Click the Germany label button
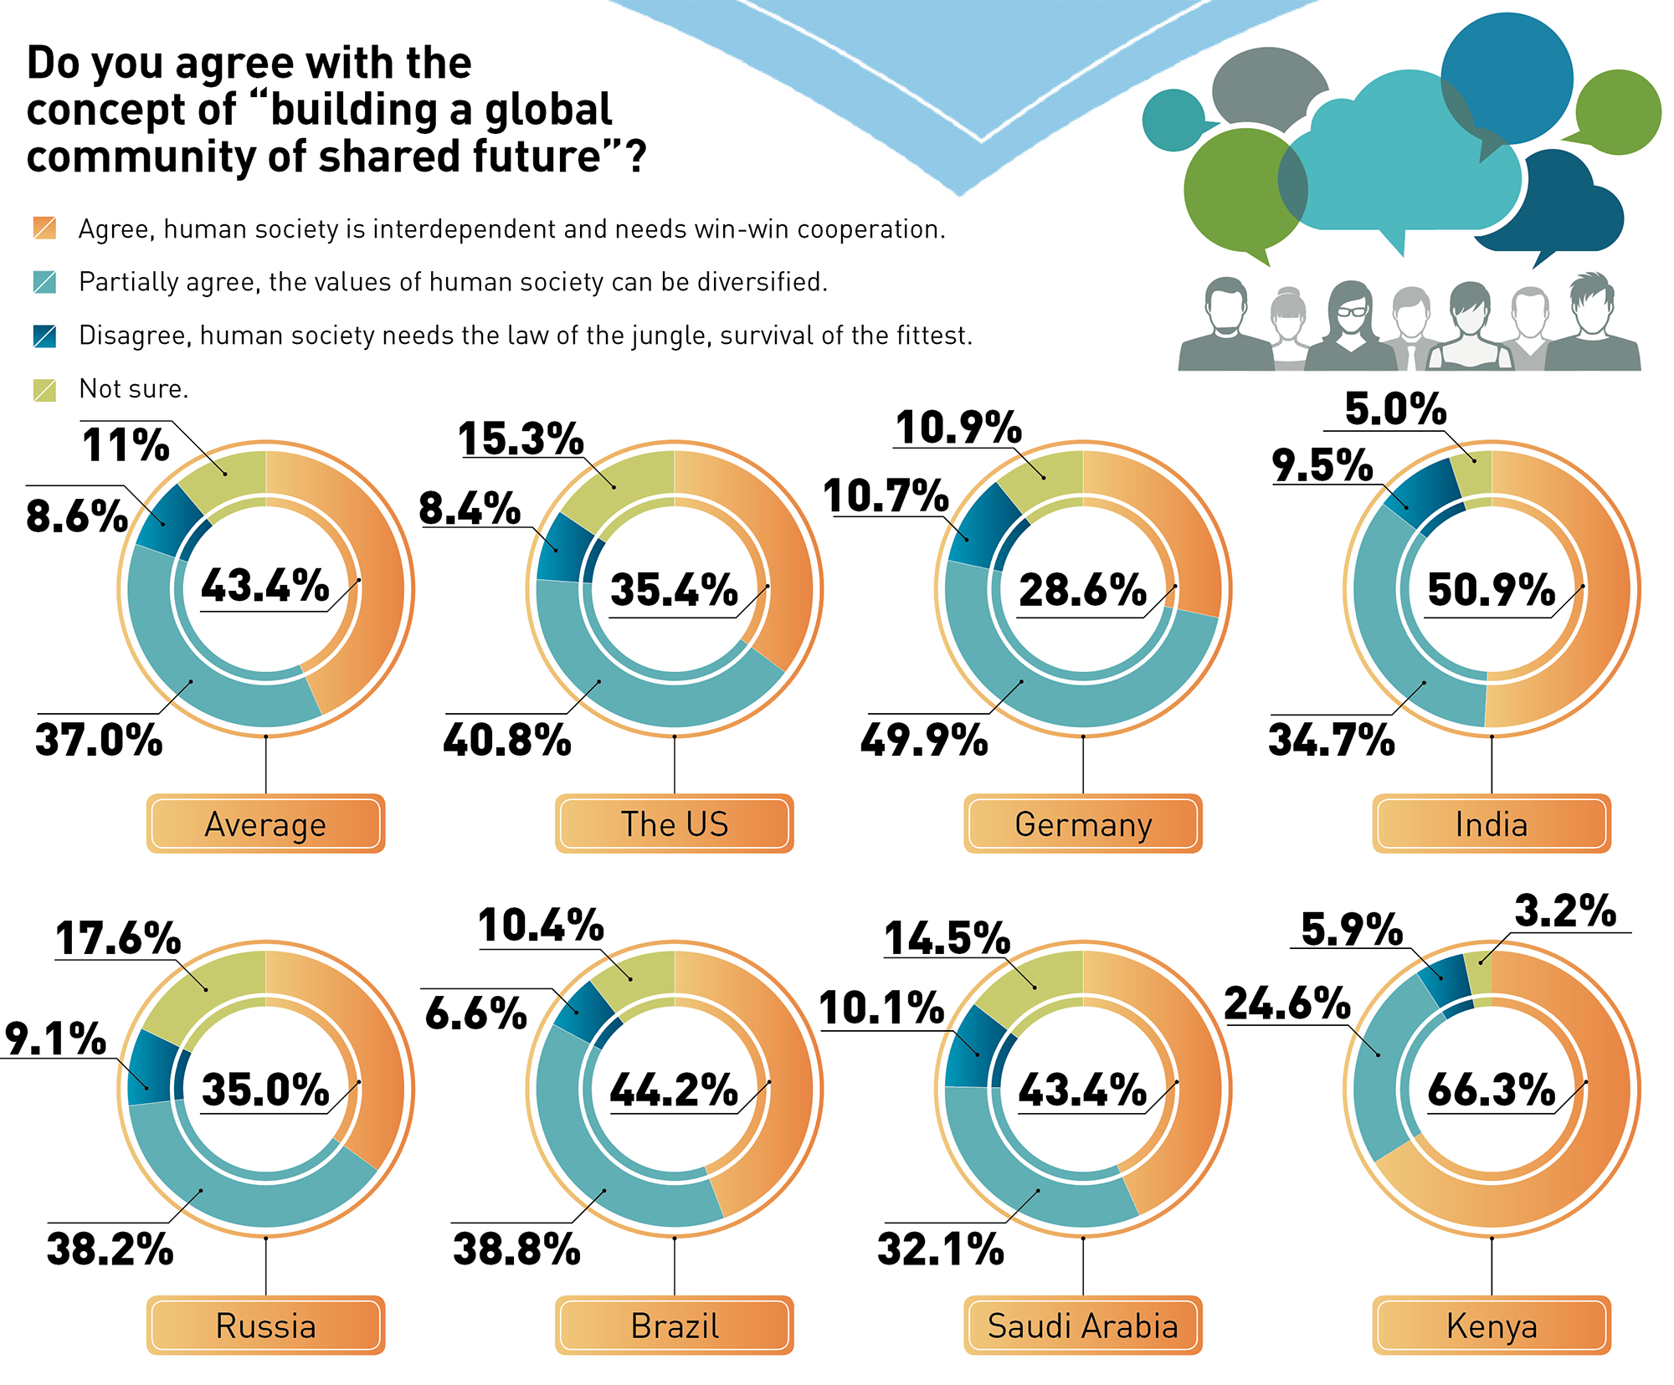(x=1082, y=824)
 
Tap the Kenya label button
(x=1491, y=1326)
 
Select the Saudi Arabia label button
(x=1082, y=1326)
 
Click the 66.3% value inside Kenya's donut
(x=1491, y=1090)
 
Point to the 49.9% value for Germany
(x=924, y=741)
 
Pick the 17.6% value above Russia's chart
(x=118, y=938)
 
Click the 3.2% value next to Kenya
(x=1565, y=911)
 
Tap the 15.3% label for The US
(x=521, y=439)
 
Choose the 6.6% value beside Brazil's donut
(x=476, y=1013)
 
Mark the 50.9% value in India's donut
(x=1491, y=590)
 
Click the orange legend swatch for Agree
(x=44, y=228)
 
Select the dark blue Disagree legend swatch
(x=44, y=336)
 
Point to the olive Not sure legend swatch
(x=44, y=389)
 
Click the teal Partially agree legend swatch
(x=44, y=282)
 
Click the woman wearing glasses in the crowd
(x=1349, y=326)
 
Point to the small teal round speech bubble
(x=1173, y=121)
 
